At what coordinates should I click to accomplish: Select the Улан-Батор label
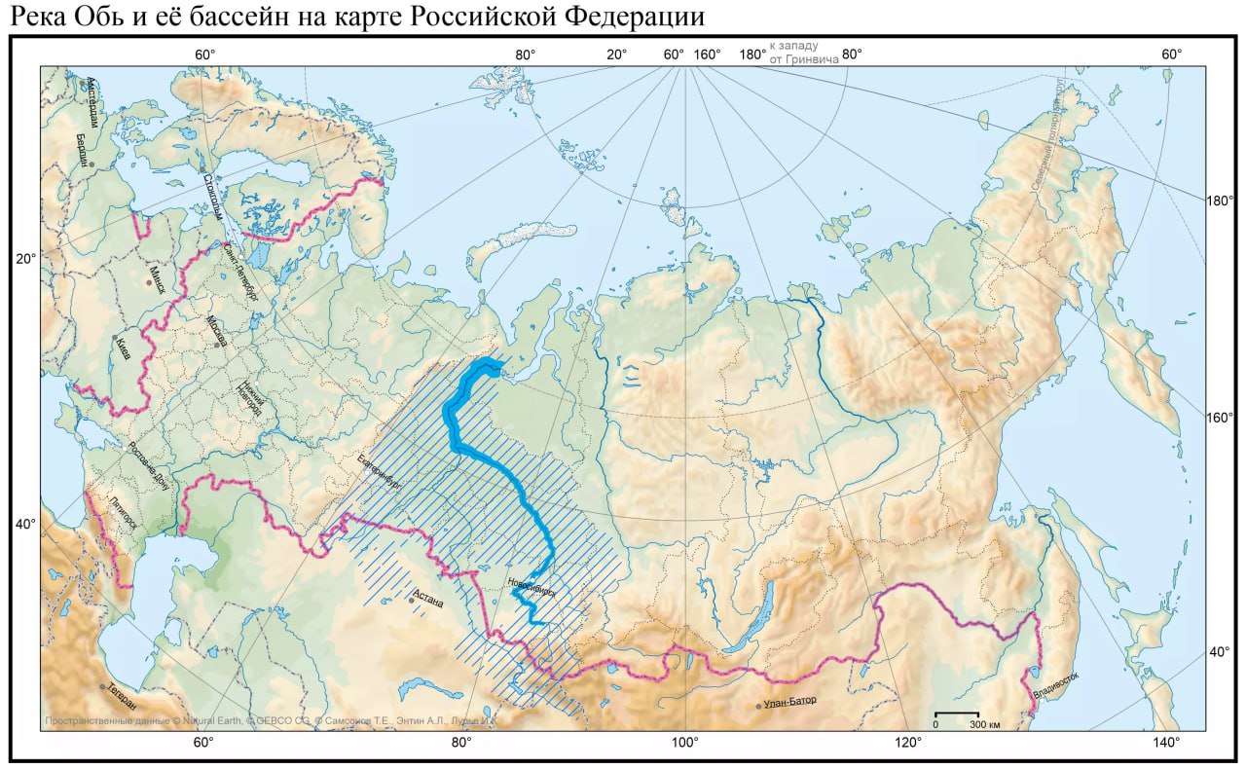(x=789, y=702)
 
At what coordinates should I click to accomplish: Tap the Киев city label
(x=123, y=348)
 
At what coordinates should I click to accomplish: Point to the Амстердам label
(x=91, y=101)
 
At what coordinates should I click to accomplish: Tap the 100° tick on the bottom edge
(x=684, y=744)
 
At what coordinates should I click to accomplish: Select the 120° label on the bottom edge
(x=908, y=744)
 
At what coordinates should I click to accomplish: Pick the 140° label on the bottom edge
(x=1166, y=744)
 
